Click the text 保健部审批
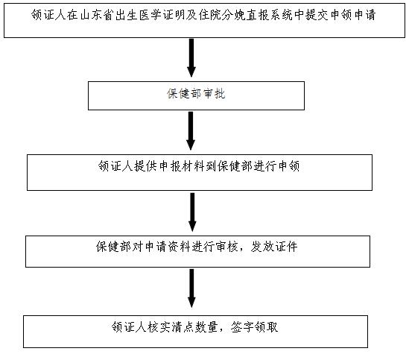(x=196, y=94)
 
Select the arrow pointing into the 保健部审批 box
(x=191, y=58)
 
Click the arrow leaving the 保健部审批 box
(x=191, y=131)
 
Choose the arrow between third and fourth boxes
(x=192, y=212)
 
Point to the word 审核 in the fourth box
(x=227, y=247)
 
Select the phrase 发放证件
(x=274, y=247)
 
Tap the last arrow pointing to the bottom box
(x=191, y=288)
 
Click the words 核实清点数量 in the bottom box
(x=183, y=327)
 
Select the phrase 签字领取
(x=254, y=327)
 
